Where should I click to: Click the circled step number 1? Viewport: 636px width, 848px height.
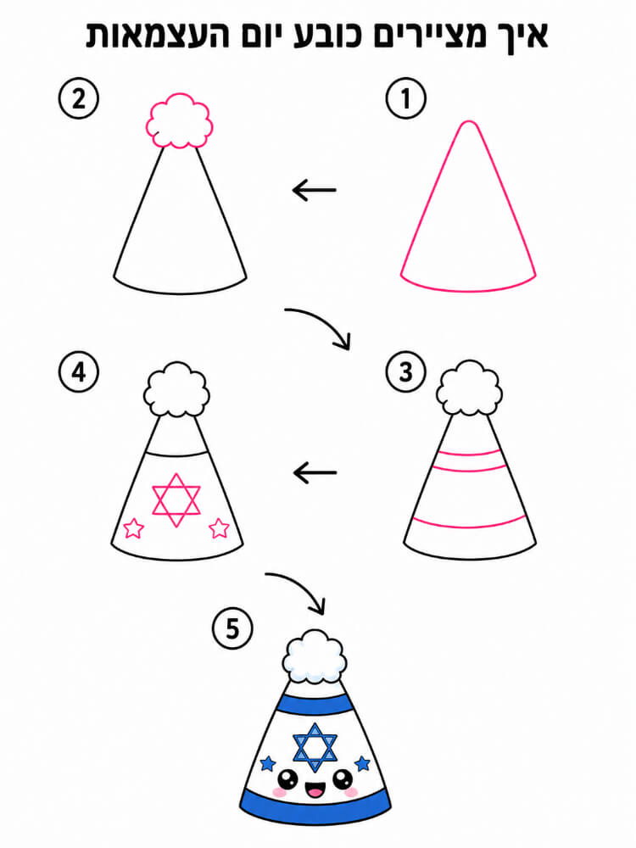(405, 99)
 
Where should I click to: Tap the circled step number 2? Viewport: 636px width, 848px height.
(79, 99)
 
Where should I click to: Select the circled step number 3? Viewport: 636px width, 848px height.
(405, 372)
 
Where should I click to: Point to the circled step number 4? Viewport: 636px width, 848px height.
(79, 372)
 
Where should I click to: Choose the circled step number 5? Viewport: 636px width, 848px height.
(232, 629)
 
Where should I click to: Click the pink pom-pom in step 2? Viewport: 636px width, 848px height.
(179, 121)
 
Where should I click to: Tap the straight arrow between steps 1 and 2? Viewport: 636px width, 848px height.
(315, 190)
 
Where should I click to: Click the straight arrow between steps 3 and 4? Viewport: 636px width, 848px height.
(315, 472)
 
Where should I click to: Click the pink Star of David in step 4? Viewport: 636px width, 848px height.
(176, 500)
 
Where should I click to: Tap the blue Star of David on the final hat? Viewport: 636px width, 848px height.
(315, 747)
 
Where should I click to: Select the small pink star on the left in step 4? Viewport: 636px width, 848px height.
(133, 528)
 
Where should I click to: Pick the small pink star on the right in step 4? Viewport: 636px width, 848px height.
(219, 527)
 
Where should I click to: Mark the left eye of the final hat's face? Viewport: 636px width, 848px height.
(287, 779)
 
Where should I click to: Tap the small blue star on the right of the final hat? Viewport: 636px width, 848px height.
(362, 764)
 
